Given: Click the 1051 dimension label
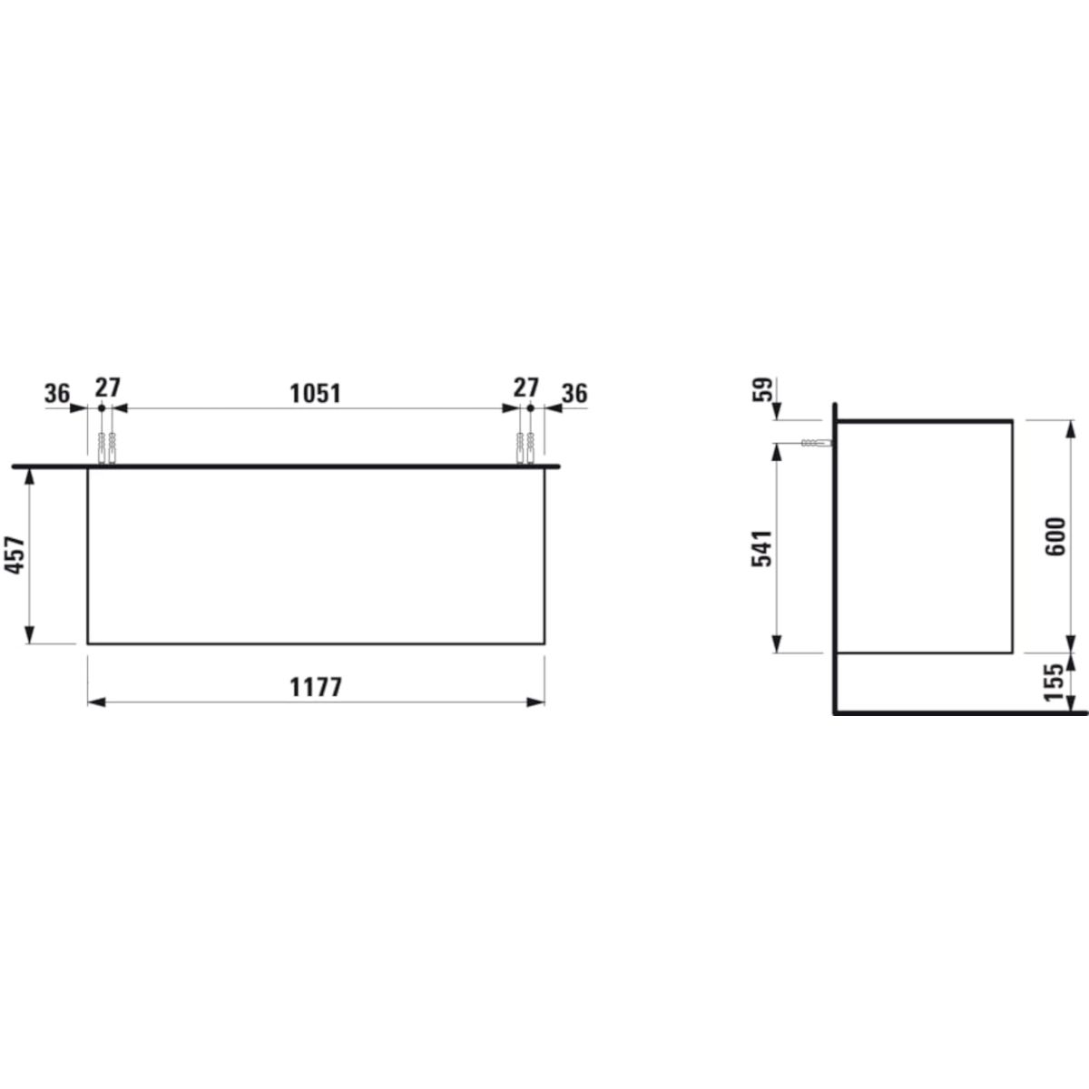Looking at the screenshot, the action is [315, 394].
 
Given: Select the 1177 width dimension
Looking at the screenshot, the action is [316, 688].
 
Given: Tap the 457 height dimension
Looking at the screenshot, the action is [15, 555].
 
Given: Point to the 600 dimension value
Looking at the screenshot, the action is [1055, 536].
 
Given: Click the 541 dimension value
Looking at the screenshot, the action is [761, 548].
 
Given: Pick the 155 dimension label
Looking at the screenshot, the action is [1054, 682].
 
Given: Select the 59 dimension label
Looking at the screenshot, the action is [762, 389].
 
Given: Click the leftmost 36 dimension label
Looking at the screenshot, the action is [57, 393].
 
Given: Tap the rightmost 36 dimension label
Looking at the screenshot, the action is [574, 393].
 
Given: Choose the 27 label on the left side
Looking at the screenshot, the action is [107, 388].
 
